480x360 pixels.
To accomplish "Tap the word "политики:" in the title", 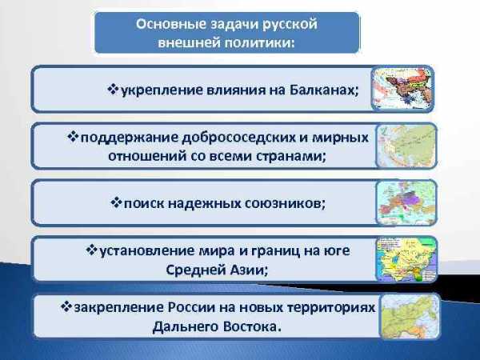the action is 259,42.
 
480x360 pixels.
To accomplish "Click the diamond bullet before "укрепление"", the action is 113,90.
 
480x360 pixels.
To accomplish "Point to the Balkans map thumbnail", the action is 402,89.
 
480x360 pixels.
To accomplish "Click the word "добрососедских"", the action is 238,138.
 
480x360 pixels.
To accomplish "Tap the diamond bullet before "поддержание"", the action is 73,136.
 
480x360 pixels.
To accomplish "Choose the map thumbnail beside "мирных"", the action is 406,146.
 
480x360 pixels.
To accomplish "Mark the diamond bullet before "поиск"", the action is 116,202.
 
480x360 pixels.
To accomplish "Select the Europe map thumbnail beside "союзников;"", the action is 406,202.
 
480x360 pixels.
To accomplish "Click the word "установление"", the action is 147,251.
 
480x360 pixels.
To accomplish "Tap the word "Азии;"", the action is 248,270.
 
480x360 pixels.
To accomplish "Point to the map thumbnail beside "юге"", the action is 406,259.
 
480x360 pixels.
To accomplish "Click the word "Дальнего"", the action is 186,327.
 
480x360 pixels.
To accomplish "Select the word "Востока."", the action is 252,326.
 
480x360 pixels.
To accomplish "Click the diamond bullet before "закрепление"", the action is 66,306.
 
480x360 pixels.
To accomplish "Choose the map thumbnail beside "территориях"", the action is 410,316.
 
